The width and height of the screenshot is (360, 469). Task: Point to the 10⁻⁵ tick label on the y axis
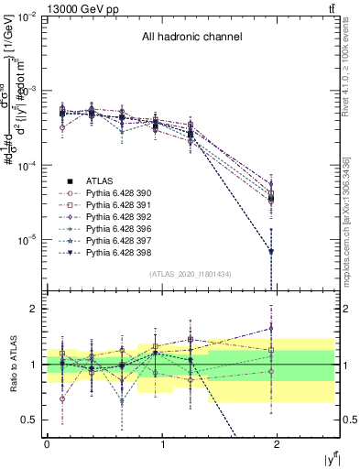(x=27, y=240)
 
